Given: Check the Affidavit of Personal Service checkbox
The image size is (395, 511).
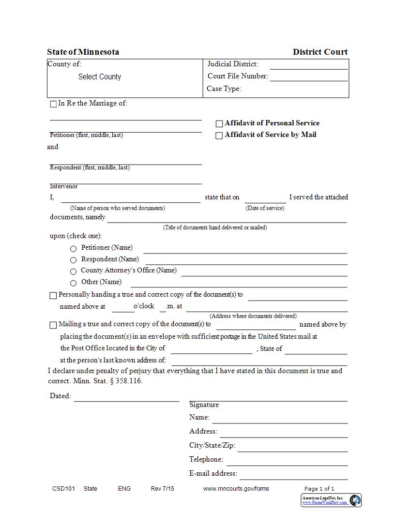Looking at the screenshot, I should pyautogui.click(x=219, y=124).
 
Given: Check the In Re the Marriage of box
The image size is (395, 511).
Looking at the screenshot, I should pyautogui.click(x=53, y=104).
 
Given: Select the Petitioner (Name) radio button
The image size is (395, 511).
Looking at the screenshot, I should pyautogui.click(x=74, y=249).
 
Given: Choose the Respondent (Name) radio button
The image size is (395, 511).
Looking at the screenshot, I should pyautogui.click(x=74, y=260).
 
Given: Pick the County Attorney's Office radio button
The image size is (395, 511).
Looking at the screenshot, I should pyautogui.click(x=74, y=272).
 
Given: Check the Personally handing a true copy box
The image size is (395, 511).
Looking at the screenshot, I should pyautogui.click(x=53, y=296).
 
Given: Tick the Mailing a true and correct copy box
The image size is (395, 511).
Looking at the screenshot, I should pyautogui.click(x=53, y=325).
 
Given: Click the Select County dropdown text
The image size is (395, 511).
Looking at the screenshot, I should pyautogui.click(x=100, y=77).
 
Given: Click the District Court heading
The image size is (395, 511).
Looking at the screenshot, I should pyautogui.click(x=320, y=52).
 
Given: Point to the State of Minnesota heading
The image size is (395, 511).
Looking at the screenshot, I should pyautogui.click(x=83, y=52).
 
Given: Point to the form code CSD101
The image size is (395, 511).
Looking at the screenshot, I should pyautogui.click(x=63, y=489).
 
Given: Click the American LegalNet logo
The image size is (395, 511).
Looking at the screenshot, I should pyautogui.click(x=355, y=500).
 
